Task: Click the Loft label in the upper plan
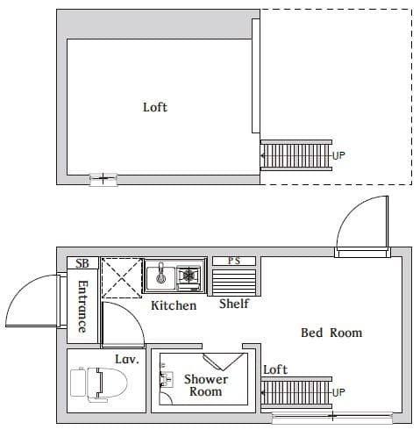(x=155, y=107)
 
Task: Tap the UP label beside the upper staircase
(x=339, y=156)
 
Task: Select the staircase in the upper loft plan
(x=295, y=156)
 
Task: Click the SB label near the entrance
(x=82, y=263)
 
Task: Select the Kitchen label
(x=174, y=305)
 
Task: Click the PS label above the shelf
(x=234, y=261)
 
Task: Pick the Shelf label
(x=234, y=304)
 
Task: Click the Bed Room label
(x=331, y=333)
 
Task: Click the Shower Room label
(x=206, y=385)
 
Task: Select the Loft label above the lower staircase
(x=275, y=369)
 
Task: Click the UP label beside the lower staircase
(x=339, y=391)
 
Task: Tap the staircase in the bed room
(x=296, y=391)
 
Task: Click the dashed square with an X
(x=122, y=278)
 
